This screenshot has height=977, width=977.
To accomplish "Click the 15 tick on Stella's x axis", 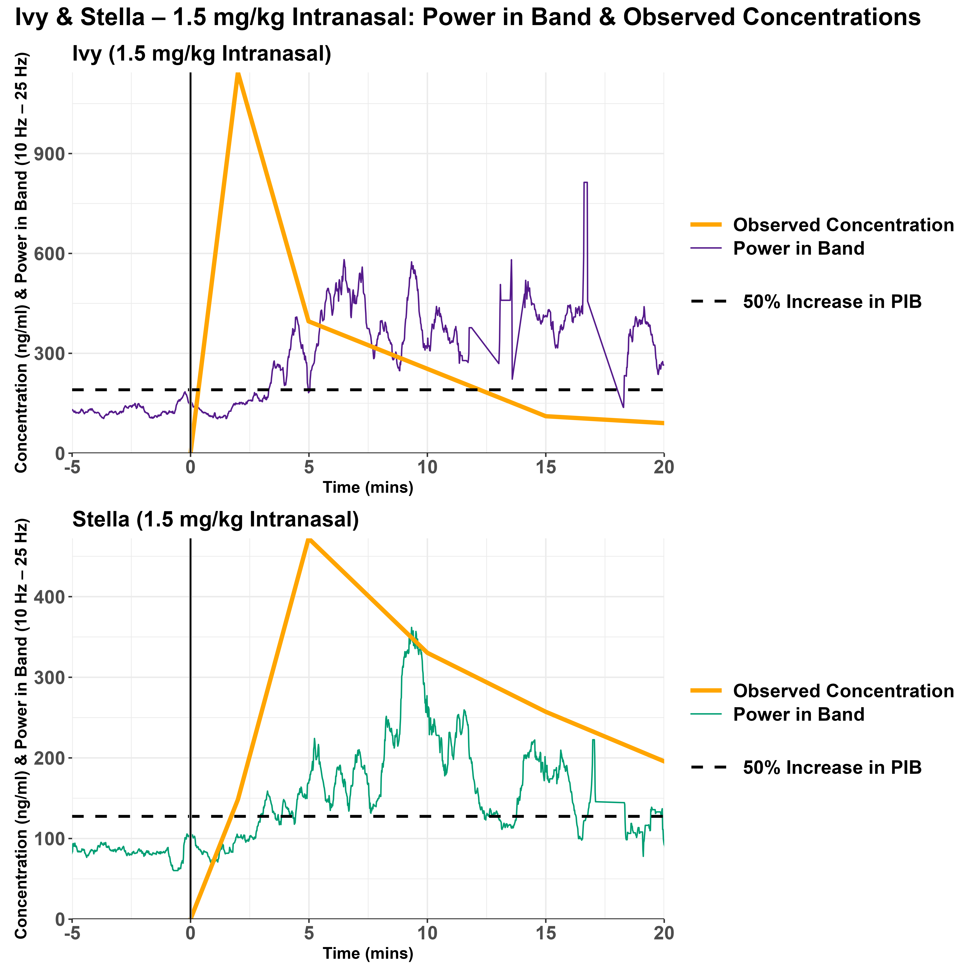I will [546, 933].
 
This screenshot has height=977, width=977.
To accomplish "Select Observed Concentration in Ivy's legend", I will [843, 225].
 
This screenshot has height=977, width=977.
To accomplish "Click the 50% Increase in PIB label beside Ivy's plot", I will [832, 302].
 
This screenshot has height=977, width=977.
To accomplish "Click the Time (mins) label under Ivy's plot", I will [368, 488].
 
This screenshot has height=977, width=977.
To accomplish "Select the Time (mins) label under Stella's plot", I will [368, 954].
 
